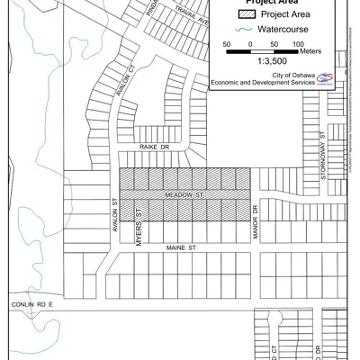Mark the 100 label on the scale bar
point(298,42)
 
